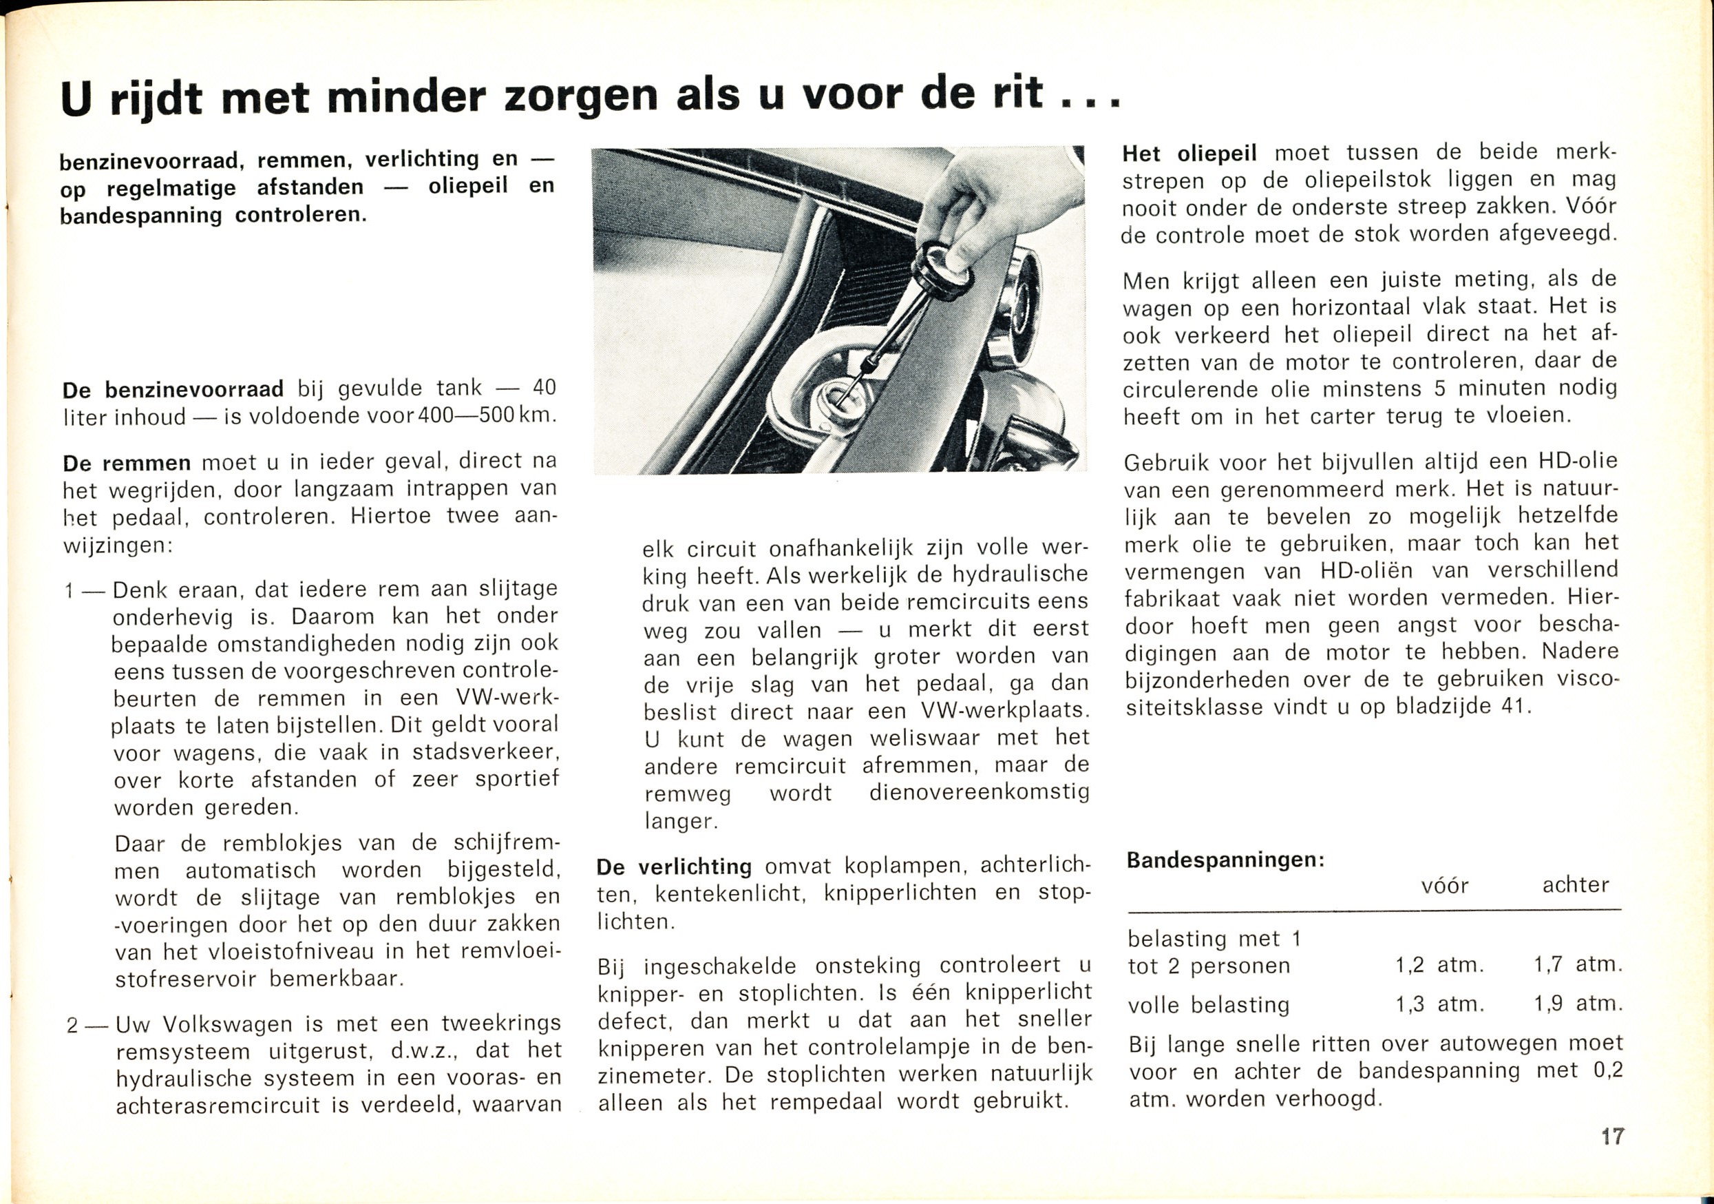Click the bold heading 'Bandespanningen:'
[x=1225, y=860]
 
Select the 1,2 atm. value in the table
[x=1439, y=965]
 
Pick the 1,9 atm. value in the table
[x=1578, y=1004]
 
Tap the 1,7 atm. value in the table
[x=1578, y=965]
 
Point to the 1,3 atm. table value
[x=1439, y=1004]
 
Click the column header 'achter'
[x=1575, y=885]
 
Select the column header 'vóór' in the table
[x=1444, y=886]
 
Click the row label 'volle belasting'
[x=1209, y=1006]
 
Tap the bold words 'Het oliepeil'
[x=1189, y=154]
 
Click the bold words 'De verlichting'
[x=674, y=866]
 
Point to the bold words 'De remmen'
[x=127, y=463]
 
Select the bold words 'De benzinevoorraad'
[x=173, y=390]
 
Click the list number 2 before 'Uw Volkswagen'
[x=72, y=1026]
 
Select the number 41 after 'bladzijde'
[x=1512, y=706]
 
